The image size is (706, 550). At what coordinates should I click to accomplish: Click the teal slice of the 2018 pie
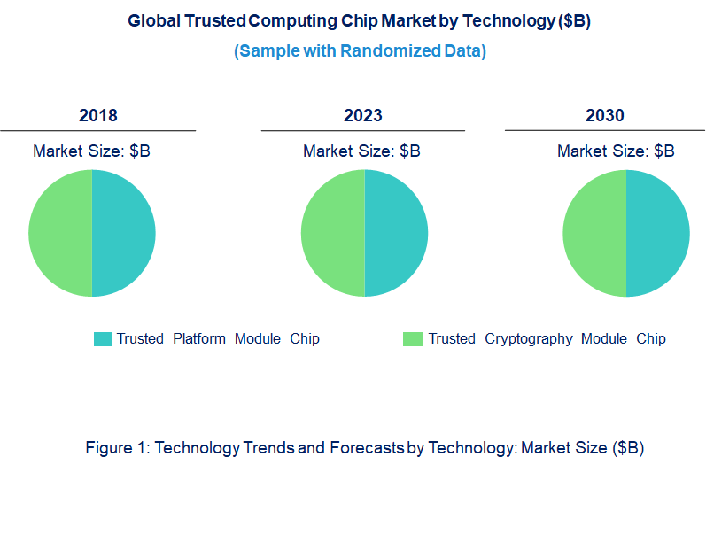tap(124, 233)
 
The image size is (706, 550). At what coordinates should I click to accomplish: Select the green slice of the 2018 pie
tap(60, 233)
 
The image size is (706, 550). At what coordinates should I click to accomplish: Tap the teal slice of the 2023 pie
tap(396, 233)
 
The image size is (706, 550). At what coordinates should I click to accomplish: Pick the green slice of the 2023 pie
tap(332, 233)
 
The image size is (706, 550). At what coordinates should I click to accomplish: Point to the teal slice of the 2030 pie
tap(658, 233)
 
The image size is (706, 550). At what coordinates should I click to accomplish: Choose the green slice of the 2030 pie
tap(594, 233)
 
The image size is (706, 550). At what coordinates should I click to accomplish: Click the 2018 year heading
tap(97, 116)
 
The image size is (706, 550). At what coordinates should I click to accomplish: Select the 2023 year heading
tap(363, 116)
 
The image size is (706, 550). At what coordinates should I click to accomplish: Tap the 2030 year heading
tap(605, 116)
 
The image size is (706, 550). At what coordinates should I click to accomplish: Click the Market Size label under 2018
tap(91, 151)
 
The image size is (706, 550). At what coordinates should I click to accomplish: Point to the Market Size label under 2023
tap(361, 151)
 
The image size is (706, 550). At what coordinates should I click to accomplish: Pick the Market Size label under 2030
tap(616, 151)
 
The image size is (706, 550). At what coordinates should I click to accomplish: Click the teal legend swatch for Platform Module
tap(103, 339)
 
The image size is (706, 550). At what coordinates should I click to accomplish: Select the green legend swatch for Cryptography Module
tap(412, 339)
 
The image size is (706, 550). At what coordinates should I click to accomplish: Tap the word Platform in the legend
tap(199, 339)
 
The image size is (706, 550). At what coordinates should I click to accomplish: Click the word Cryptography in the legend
tap(529, 339)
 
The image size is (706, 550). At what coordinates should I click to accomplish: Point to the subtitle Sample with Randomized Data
tap(360, 51)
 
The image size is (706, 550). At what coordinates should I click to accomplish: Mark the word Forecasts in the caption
tap(366, 448)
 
